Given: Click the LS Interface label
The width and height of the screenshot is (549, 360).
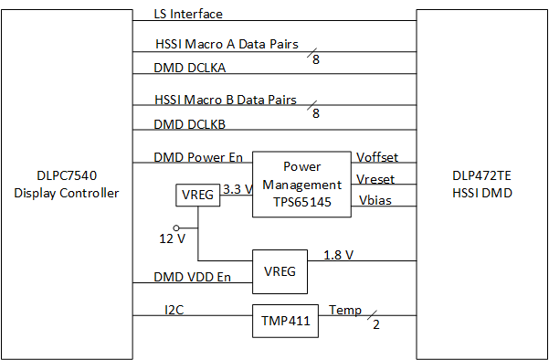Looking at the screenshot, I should (x=190, y=14).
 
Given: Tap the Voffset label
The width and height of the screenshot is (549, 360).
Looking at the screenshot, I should (x=376, y=157).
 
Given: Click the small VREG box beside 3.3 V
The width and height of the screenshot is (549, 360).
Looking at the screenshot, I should (x=198, y=195).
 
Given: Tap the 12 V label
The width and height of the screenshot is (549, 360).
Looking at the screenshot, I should (x=171, y=238).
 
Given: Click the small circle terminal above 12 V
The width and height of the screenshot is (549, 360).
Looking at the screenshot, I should (x=178, y=226).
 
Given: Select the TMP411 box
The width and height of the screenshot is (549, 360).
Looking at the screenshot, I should (x=284, y=321).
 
